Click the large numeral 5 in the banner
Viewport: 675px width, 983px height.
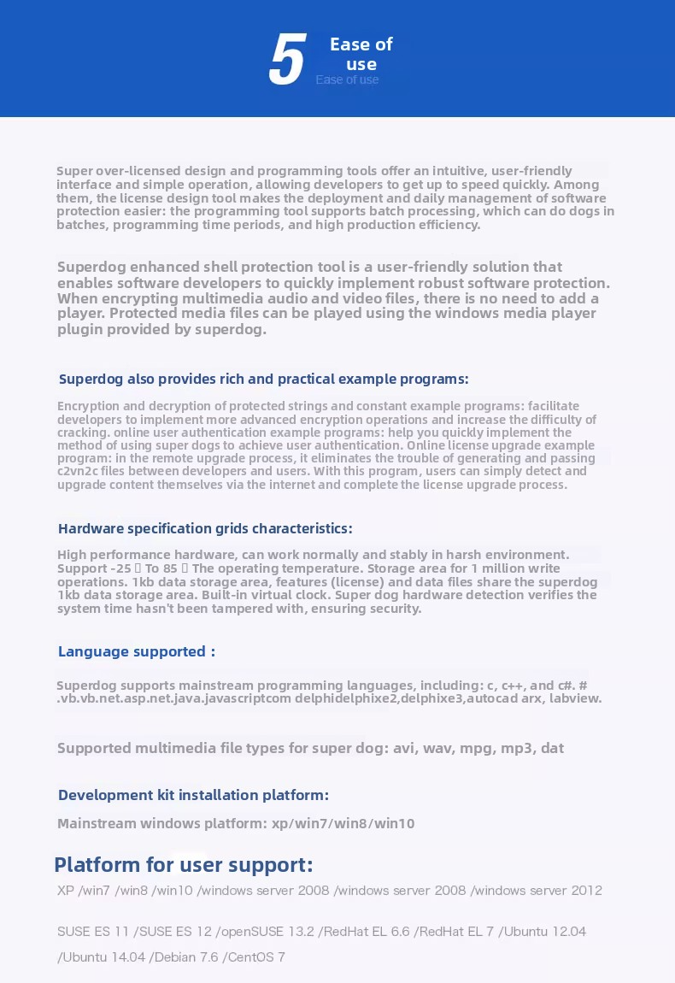[x=287, y=62]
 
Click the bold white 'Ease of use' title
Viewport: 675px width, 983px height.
[x=361, y=54]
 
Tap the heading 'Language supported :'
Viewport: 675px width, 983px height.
[x=136, y=651]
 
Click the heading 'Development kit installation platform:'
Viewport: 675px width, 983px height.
[x=193, y=795]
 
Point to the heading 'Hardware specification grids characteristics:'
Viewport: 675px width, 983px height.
[x=205, y=528]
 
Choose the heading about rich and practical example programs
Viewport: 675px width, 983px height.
[x=263, y=379]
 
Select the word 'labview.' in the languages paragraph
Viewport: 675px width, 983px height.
[x=575, y=698]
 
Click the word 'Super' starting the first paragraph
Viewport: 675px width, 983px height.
[x=74, y=170]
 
